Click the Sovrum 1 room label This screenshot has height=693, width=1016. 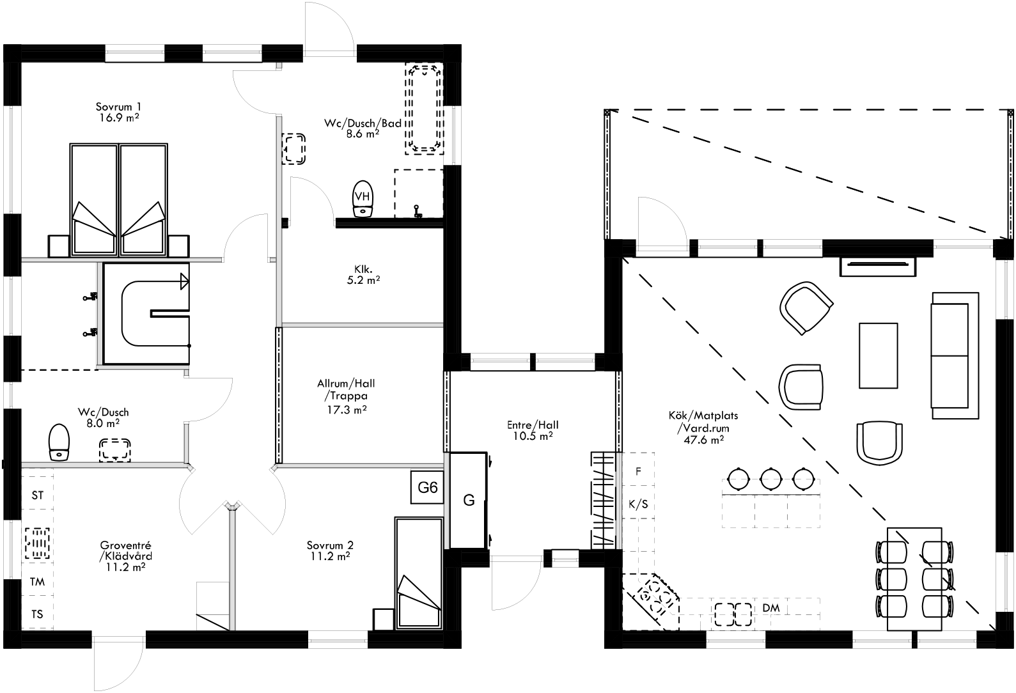coord(118,107)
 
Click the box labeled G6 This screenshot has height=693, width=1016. coord(427,488)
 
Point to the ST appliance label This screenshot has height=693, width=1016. coord(38,495)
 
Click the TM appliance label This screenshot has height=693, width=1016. coord(38,582)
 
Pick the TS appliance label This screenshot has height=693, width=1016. coord(38,614)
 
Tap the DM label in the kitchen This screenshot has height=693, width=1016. coord(771,608)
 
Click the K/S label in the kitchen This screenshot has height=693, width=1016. coord(638,504)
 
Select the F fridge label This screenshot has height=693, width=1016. coord(637,471)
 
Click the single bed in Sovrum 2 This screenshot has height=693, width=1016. coord(419,573)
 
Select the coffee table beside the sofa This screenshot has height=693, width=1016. coord(879,355)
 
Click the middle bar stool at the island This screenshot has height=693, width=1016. coord(771,477)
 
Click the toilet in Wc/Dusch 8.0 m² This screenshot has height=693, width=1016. coord(59,441)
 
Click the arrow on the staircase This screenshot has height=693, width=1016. coord(185,281)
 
